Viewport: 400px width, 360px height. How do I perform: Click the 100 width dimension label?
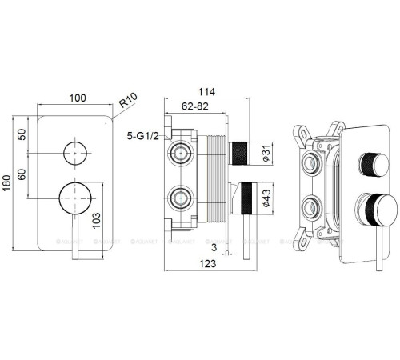click(78, 98)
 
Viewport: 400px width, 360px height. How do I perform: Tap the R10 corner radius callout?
click(128, 100)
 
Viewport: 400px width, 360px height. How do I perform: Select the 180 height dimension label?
click(6, 182)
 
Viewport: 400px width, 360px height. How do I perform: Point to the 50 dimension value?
click(22, 134)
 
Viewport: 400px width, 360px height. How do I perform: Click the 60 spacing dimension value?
click(22, 174)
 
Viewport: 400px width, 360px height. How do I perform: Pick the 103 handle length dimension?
click(96, 220)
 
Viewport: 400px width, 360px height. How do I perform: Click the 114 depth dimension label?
click(206, 92)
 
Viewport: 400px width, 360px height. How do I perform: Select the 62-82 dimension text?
click(195, 106)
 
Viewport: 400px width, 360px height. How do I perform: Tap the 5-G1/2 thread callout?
click(142, 136)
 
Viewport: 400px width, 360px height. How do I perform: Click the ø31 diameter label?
click(266, 153)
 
